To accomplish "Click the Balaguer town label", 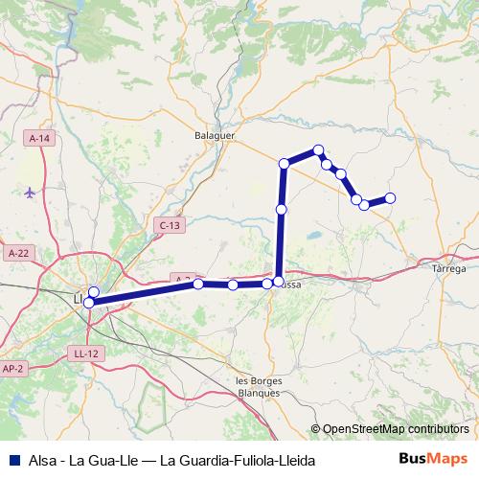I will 215,136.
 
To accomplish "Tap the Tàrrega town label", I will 449,269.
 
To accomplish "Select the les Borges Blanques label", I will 256,386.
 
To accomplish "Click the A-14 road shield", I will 39,139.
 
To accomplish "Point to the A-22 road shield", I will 17,253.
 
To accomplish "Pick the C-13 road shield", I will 168,225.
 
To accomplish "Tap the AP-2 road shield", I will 13,367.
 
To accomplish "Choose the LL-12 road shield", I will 85,354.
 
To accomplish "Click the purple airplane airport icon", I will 30,192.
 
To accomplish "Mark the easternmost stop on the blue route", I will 390,198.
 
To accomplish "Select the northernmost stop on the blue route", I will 319,149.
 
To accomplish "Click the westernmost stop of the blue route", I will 88,303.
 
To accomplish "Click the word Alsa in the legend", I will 41,459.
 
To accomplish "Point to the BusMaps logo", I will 432,458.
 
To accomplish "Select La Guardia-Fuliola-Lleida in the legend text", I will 238,459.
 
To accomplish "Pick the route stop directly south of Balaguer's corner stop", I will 281,209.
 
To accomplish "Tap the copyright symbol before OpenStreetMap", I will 316,429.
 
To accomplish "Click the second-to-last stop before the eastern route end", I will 356,199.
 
